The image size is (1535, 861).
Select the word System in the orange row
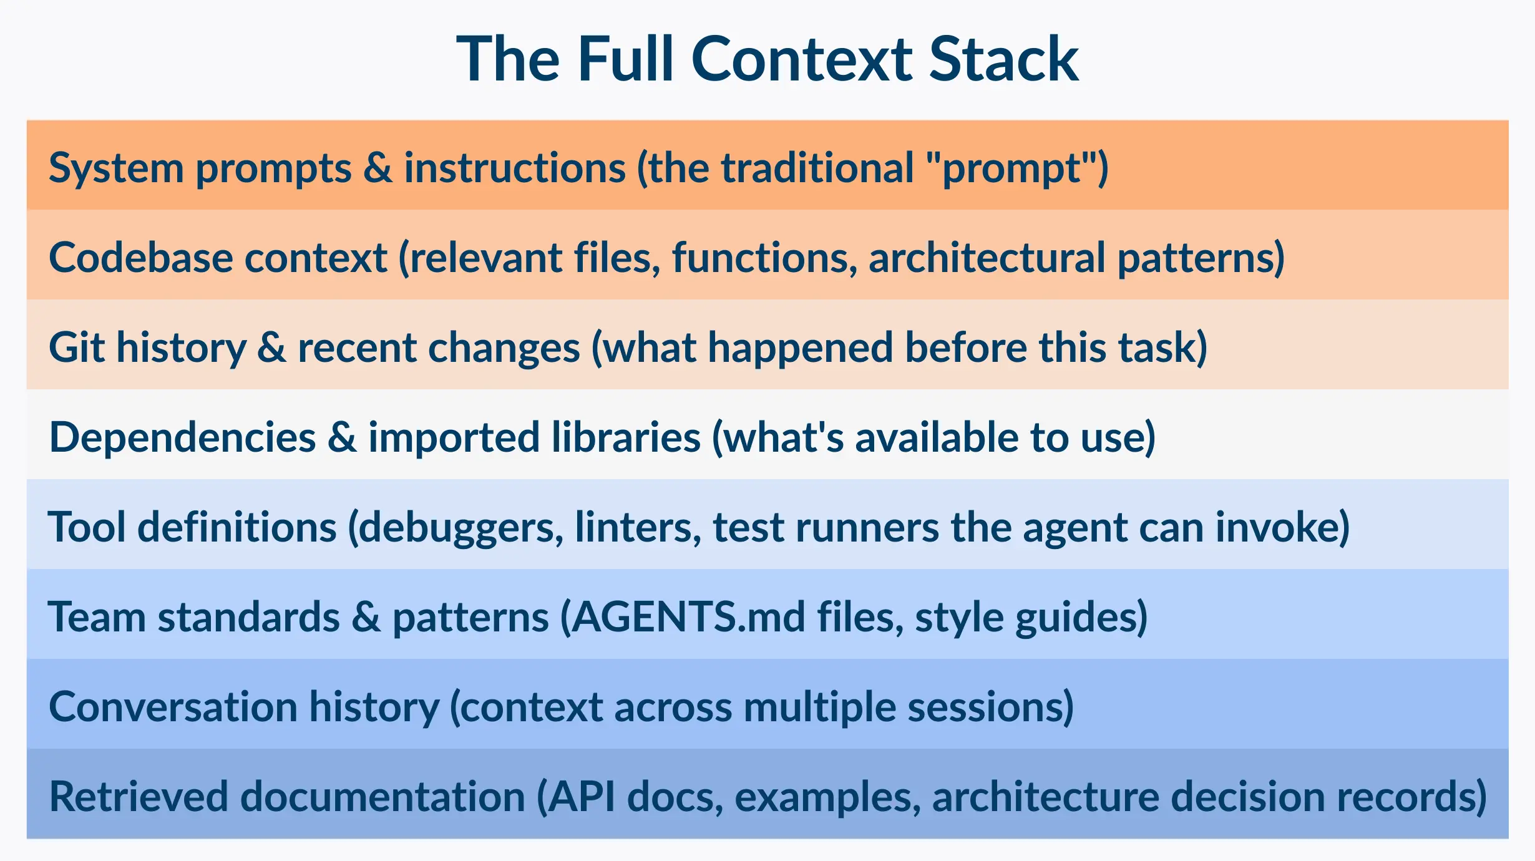pos(116,168)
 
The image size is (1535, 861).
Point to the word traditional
pos(817,168)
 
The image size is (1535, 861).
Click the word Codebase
pos(140,258)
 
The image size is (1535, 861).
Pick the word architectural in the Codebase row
pos(987,258)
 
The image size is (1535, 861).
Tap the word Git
pos(76,348)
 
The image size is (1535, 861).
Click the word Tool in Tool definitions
pos(87,527)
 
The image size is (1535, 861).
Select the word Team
pos(97,617)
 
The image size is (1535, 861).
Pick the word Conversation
pos(173,707)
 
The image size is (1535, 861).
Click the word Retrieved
pos(139,797)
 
